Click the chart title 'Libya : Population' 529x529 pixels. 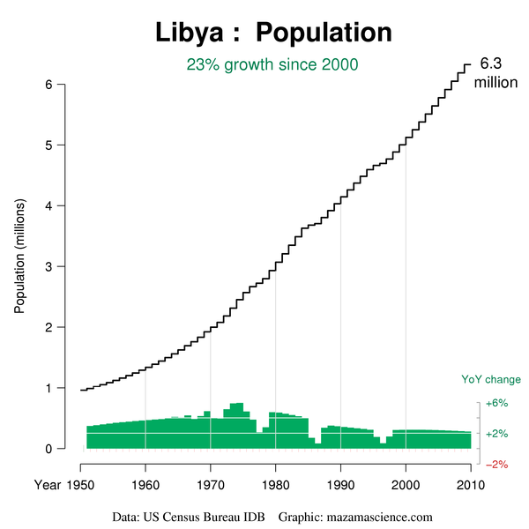tap(274, 33)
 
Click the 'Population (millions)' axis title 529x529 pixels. tap(19, 256)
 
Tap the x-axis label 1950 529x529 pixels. tap(79, 484)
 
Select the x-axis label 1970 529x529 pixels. tap(210, 484)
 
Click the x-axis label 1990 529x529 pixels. tap(340, 484)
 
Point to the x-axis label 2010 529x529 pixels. tap(471, 484)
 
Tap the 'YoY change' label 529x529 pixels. tap(491, 380)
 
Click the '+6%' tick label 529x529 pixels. tap(497, 404)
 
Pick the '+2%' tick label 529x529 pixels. tap(497, 434)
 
